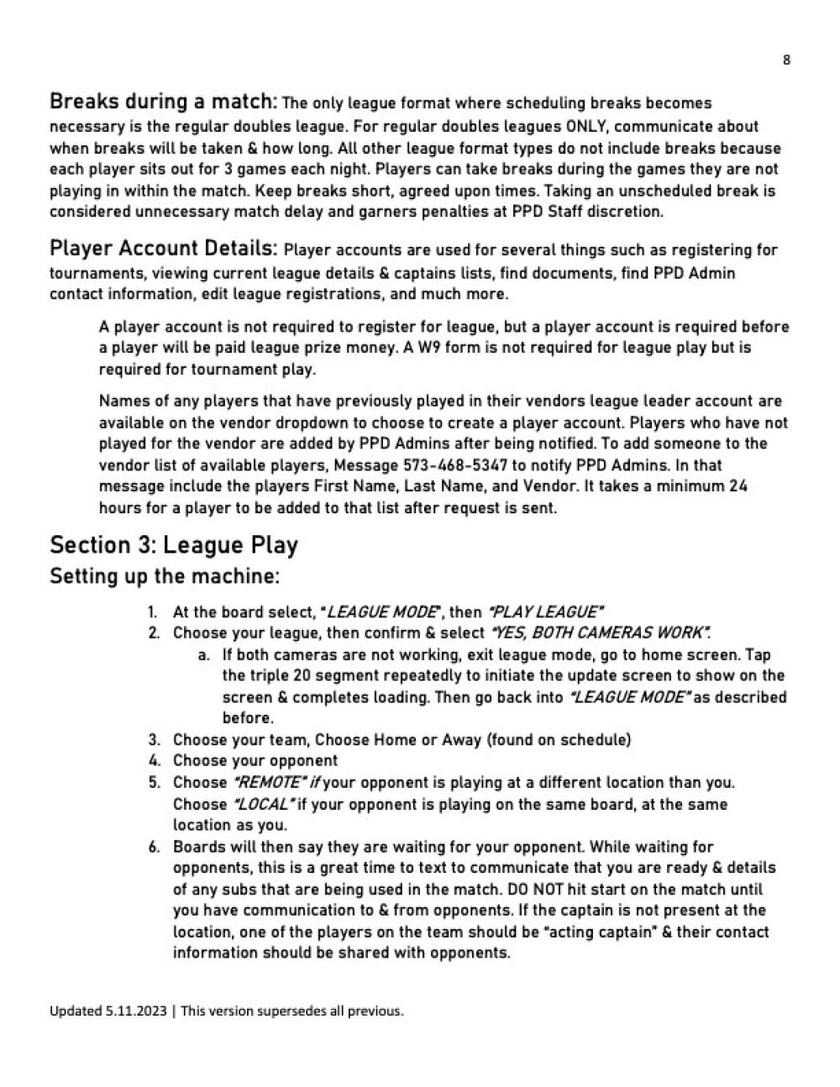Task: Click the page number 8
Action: point(786,60)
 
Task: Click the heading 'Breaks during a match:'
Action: point(163,102)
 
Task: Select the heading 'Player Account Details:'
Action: point(163,249)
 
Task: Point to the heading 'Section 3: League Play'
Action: point(174,545)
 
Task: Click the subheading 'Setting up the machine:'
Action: point(165,577)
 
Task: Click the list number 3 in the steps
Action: point(155,740)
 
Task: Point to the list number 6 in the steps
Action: point(155,847)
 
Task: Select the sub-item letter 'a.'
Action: point(204,655)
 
